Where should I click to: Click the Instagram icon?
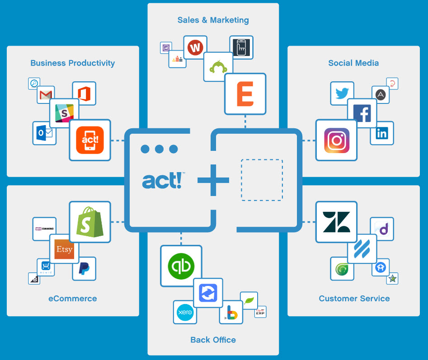pyautogui.click(x=336, y=140)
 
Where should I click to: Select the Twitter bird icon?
pyautogui.click(x=342, y=94)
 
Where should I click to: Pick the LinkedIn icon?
pyautogui.click(x=382, y=133)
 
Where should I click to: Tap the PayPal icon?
pyautogui.click(x=84, y=268)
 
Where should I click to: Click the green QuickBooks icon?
pyautogui.click(x=181, y=266)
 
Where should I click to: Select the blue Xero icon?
pyautogui.click(x=185, y=312)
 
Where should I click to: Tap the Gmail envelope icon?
pyautogui.click(x=46, y=95)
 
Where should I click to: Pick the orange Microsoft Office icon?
pyautogui.click(x=84, y=94)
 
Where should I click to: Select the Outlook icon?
pyautogui.click(x=44, y=133)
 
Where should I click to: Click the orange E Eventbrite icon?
pyautogui.click(x=245, y=94)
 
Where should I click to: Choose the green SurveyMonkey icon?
pyautogui.click(x=218, y=67)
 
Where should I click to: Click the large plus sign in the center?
pyautogui.click(x=213, y=180)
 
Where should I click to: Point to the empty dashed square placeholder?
pyautogui.click(x=262, y=180)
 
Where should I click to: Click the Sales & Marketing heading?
pyautogui.click(x=213, y=20)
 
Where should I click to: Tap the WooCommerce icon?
pyautogui.click(x=44, y=229)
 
